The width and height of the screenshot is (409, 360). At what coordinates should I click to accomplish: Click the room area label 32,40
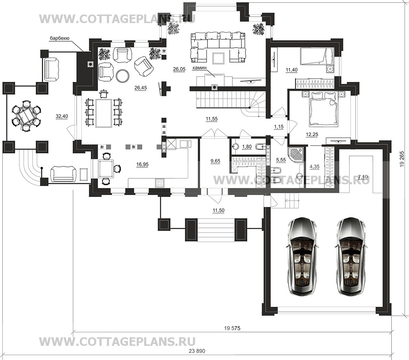[x=62, y=116]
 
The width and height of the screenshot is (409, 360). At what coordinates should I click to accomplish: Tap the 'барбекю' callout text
[x=60, y=39]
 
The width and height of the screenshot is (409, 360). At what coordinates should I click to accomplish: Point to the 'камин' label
[x=199, y=68]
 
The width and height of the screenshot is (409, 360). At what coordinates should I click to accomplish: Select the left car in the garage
[x=302, y=256]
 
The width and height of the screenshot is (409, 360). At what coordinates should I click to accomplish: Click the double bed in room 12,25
[x=323, y=109]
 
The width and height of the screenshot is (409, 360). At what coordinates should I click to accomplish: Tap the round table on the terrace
[x=25, y=116]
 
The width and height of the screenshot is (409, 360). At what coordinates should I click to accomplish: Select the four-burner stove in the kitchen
[x=160, y=182]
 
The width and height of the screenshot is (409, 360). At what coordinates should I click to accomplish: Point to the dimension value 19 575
[x=232, y=328]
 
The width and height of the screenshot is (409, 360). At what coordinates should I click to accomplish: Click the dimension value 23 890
[x=197, y=351]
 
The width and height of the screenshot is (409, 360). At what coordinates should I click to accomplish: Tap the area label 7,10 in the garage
[x=363, y=177]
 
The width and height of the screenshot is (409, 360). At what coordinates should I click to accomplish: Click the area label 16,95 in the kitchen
[x=142, y=164]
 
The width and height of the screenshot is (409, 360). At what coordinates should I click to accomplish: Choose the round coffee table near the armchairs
[x=122, y=76]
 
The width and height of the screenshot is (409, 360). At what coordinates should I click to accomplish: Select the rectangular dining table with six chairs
[x=104, y=113]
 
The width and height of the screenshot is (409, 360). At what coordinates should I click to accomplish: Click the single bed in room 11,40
[x=316, y=56]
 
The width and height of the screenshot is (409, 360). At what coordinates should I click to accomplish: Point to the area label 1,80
[x=247, y=147]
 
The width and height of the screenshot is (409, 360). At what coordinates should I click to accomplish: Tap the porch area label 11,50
[x=218, y=210]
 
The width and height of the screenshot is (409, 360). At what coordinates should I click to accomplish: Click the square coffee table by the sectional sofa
[x=218, y=58]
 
